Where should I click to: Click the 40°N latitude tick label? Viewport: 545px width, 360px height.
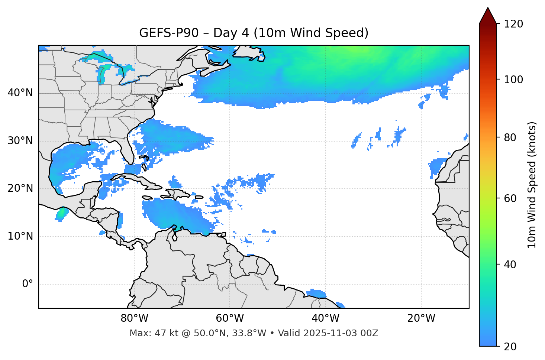tap(20, 93)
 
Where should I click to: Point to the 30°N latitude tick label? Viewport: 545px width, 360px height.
tap(20, 141)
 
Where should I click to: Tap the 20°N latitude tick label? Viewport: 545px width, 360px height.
tap(20, 188)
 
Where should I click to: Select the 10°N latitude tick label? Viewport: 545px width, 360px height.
tap(20, 236)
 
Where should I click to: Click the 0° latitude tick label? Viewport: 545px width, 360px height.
tap(28, 284)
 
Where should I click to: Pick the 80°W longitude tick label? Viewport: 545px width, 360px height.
tap(134, 318)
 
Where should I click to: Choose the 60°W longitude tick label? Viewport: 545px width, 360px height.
tap(230, 318)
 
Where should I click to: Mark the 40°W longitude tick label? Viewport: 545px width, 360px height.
tap(325, 318)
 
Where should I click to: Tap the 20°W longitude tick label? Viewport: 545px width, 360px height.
tap(421, 318)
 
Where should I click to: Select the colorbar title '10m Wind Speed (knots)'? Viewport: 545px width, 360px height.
tap(532, 185)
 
